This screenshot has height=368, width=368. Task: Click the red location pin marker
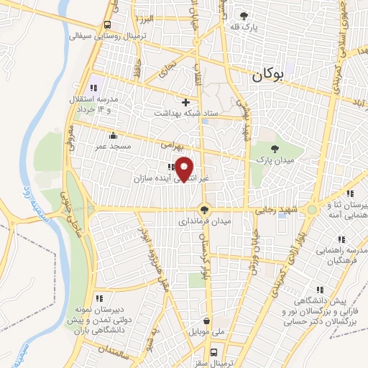coord(185,170)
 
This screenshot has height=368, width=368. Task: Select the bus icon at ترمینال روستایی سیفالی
coord(107,23)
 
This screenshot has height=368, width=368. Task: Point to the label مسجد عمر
coord(111,146)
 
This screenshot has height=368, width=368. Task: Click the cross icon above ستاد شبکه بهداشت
coord(186,102)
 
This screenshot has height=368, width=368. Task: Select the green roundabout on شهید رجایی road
coord(311,210)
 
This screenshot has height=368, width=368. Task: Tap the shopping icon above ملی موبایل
coord(207,321)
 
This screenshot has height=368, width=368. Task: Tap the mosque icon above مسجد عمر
coord(111,135)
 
